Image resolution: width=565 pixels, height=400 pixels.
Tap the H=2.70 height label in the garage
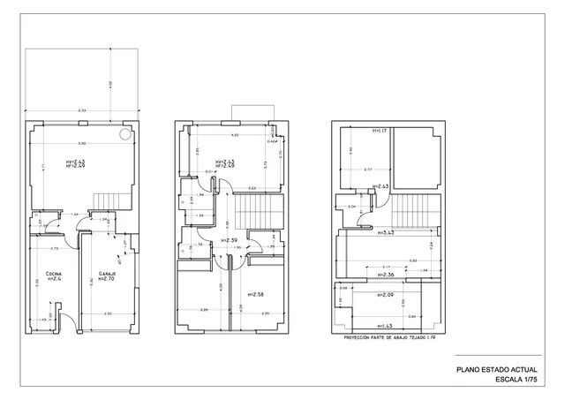coord(108,280)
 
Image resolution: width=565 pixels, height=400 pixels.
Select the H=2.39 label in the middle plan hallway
coord(230,240)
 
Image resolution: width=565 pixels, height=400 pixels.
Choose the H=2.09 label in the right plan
coord(386,294)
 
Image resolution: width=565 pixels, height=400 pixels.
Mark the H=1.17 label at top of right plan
coord(380,131)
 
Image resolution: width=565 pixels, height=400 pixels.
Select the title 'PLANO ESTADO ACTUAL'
coord(494,370)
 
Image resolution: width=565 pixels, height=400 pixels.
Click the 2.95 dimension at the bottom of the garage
coord(107,314)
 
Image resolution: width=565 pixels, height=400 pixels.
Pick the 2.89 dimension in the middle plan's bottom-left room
coord(204,311)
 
